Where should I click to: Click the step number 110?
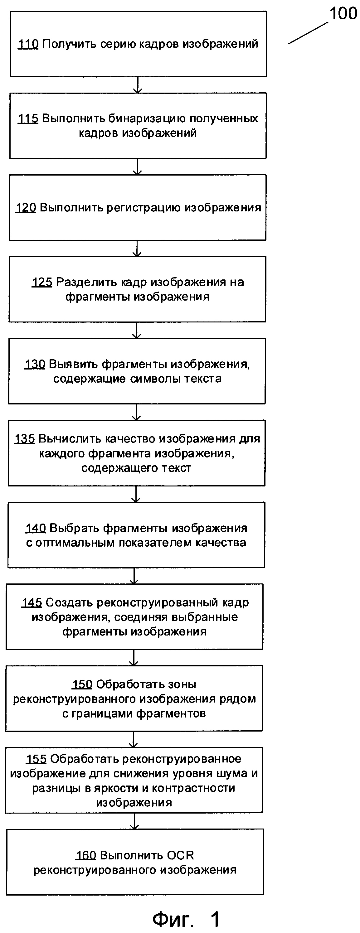point(28,44)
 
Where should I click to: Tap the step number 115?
point(28,118)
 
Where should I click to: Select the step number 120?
point(26,208)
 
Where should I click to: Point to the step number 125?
point(42,282)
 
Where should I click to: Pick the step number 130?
point(35,364)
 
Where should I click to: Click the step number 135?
point(25,439)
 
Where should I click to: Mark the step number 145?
point(32,603)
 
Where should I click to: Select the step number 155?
point(36,759)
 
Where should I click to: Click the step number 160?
point(85,855)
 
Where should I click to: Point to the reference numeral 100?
point(343,14)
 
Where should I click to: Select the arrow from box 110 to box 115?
point(137,85)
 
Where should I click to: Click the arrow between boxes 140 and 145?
point(134,576)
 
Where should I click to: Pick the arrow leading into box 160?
point(134,821)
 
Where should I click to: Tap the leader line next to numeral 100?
point(308,33)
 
